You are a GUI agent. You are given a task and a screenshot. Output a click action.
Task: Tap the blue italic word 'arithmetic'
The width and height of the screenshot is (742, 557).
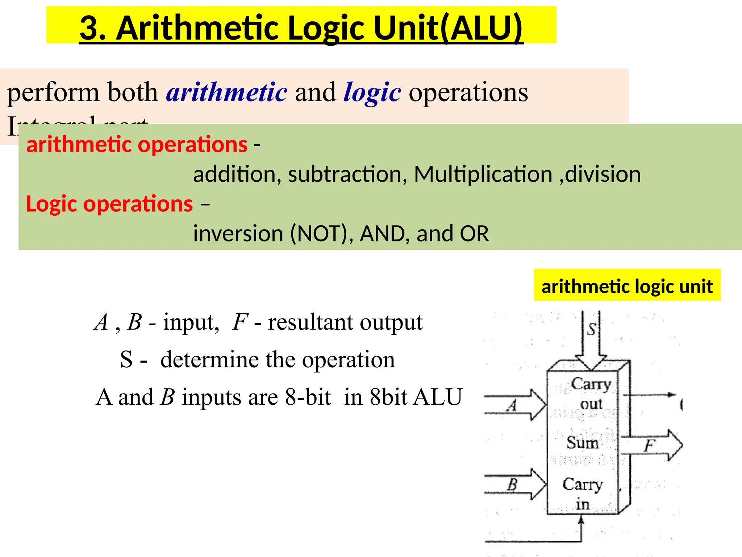227,92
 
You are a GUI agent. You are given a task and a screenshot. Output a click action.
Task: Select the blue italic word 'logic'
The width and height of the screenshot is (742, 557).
372,92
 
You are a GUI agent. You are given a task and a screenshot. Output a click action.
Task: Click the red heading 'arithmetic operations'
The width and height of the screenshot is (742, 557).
137,144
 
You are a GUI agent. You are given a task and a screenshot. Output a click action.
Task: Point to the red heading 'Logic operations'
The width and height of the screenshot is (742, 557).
109,204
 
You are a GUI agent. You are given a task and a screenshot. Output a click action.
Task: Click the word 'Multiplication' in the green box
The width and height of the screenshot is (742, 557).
483,174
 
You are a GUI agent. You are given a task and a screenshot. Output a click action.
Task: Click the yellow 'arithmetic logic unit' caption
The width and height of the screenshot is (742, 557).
627,286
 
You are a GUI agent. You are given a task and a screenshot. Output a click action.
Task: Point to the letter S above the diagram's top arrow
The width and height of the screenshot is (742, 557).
591,329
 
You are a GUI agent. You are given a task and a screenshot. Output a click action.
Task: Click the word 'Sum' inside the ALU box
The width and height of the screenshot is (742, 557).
582,443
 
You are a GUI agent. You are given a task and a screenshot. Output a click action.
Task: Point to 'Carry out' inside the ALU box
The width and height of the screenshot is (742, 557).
591,393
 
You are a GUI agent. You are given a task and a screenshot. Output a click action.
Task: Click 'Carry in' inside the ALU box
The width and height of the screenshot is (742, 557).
582,494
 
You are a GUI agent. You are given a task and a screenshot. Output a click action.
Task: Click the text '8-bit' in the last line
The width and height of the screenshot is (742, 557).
308,397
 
